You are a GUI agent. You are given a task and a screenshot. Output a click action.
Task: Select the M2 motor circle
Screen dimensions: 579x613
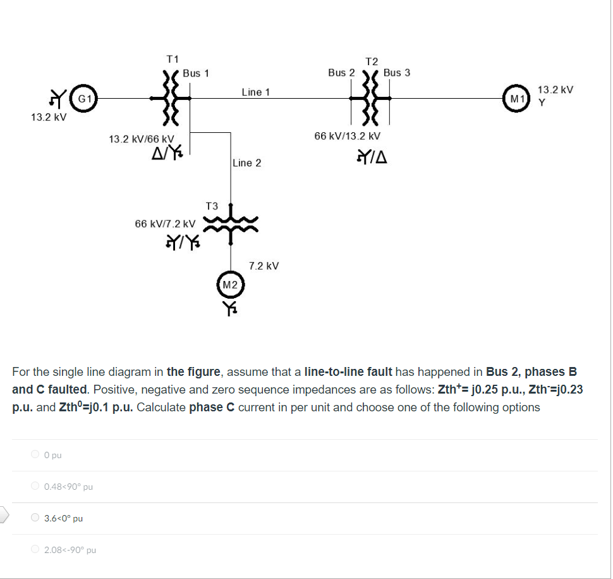[x=230, y=285]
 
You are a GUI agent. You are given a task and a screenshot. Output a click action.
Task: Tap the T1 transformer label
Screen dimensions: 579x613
[x=173, y=59]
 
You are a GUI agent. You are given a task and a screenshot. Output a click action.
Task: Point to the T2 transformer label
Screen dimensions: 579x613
[x=372, y=61]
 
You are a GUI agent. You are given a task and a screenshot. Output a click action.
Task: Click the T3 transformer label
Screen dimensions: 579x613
[x=212, y=206]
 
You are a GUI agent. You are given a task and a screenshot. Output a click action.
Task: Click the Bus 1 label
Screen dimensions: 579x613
[x=196, y=73]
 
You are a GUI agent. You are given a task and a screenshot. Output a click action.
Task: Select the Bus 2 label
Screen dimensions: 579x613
[x=341, y=73]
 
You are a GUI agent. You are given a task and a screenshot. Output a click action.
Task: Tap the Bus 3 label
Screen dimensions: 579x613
[x=396, y=73]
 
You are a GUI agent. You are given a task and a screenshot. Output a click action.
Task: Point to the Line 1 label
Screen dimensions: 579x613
[x=255, y=92]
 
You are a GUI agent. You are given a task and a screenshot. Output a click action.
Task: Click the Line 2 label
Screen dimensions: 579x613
[x=246, y=163]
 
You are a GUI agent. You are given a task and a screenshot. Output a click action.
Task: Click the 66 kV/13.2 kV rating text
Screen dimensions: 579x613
[x=348, y=136]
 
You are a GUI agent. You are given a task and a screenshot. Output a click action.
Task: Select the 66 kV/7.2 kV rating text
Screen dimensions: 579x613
[x=165, y=224]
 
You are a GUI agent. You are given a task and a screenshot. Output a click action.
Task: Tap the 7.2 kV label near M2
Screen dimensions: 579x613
[x=264, y=266]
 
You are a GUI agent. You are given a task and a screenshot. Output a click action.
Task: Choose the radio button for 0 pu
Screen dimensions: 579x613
[x=35, y=454]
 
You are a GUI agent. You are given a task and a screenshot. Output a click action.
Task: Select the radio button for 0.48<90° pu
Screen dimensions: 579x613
[x=35, y=486]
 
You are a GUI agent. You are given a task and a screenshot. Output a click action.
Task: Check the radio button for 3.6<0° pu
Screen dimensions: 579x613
[x=35, y=518]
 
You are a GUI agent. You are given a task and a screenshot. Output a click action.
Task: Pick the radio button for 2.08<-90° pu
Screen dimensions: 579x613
[x=35, y=549]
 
